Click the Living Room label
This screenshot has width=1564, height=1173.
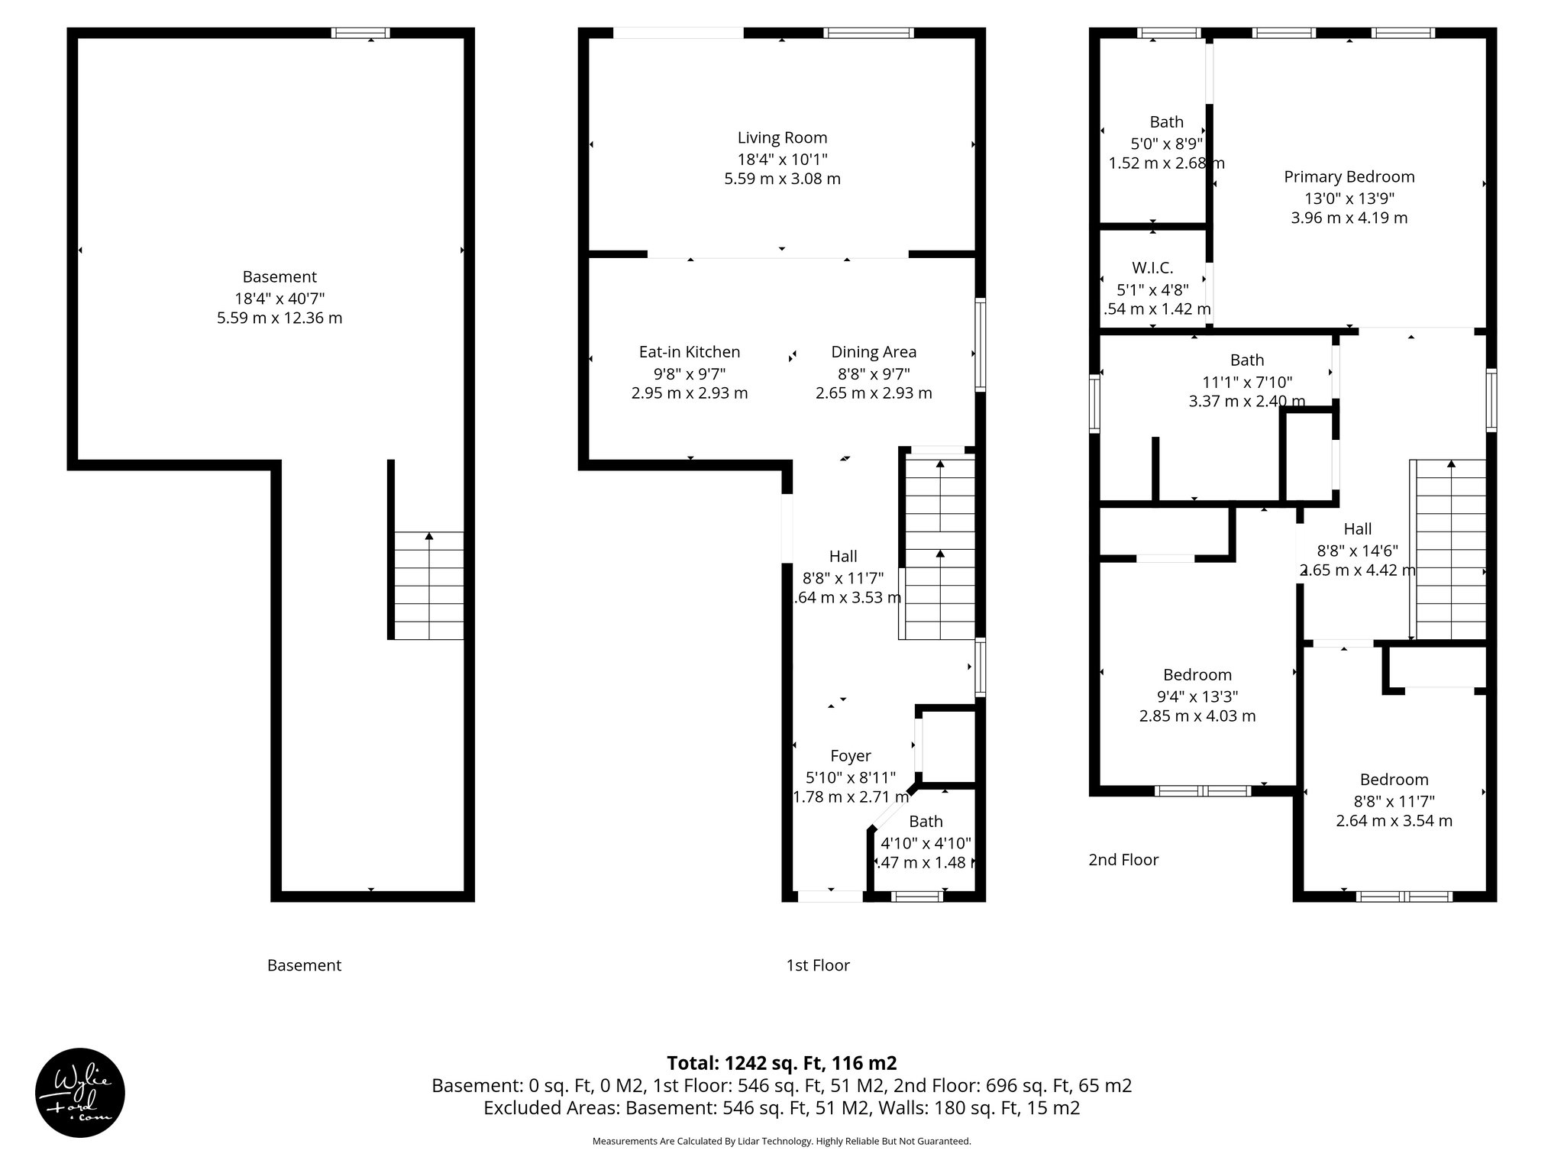[x=782, y=138]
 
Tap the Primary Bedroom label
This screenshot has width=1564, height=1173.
[x=1349, y=177]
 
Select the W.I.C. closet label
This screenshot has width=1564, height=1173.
[x=1152, y=268]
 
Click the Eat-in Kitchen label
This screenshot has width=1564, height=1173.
[x=689, y=352]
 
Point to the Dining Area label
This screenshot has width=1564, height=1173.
[x=874, y=352]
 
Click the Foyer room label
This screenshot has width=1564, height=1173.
[x=850, y=756]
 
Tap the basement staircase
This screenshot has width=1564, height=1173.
[x=428, y=585]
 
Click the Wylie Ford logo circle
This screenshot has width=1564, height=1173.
[x=79, y=1092]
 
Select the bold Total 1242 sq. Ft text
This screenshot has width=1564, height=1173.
[x=781, y=1063]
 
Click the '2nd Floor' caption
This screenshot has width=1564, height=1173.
[x=1123, y=860]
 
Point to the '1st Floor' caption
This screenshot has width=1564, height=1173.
[x=817, y=965]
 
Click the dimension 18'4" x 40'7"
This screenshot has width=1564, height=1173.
[x=280, y=298]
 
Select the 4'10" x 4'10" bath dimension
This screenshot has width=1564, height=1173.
[x=926, y=843]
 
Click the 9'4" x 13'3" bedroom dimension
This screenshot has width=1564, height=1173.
[x=1197, y=696]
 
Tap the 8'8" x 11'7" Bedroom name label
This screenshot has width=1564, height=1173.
[x=1394, y=780]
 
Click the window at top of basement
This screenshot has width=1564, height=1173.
[x=360, y=33]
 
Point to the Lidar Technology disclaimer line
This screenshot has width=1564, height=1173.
[x=781, y=1141]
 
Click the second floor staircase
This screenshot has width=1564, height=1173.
[x=1448, y=550]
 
